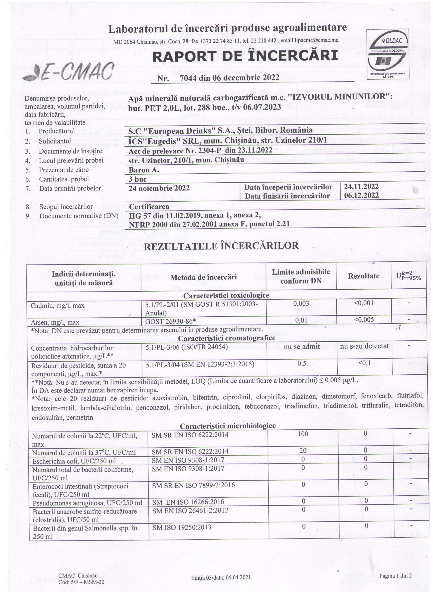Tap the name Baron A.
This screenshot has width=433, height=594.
coord(144,170)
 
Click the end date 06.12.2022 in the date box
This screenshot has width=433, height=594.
coord(361,195)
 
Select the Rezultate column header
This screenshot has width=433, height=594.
coord(364,276)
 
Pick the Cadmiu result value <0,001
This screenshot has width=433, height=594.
coord(364,303)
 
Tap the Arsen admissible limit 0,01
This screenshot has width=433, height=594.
coord(301,320)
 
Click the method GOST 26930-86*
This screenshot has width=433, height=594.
coord(170,321)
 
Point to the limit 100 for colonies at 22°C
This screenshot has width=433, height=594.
coord(303,434)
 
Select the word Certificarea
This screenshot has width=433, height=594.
coord(149,207)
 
